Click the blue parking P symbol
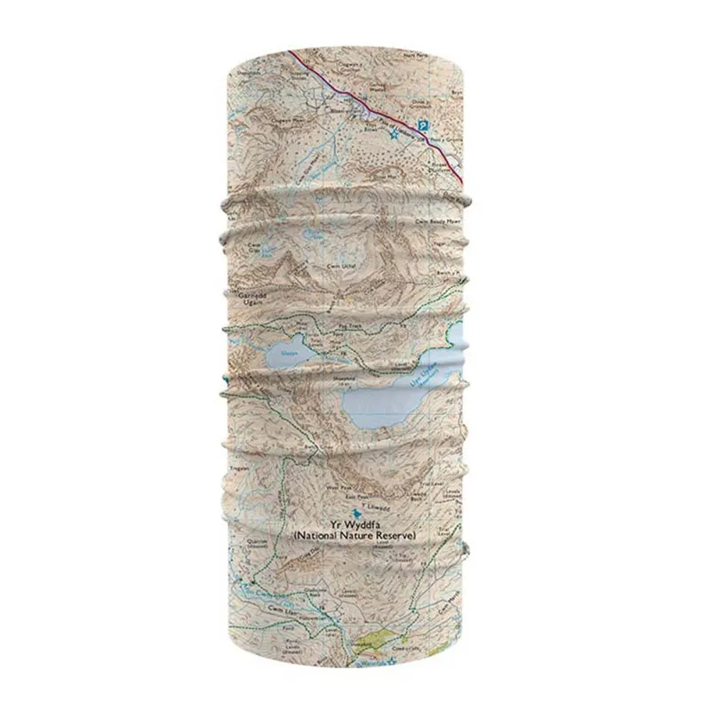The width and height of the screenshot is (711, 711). click(x=424, y=127)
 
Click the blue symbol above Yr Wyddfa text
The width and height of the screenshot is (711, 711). click(x=356, y=513)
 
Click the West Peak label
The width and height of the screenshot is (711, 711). click(x=332, y=487)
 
